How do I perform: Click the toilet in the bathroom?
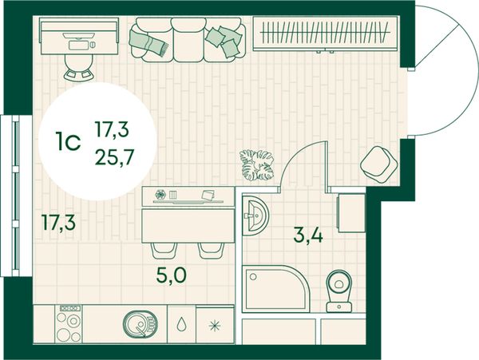(339, 291)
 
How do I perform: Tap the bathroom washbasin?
(255, 216)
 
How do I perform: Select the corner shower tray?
(275, 289)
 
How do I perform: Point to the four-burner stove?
(69, 323)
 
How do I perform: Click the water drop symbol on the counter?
(181, 325)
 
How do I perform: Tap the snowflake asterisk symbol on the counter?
(215, 326)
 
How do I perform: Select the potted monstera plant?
(257, 164)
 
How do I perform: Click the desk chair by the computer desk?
(78, 68)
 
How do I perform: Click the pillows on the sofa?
(224, 42)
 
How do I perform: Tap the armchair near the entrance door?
(378, 164)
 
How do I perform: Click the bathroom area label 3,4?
(308, 236)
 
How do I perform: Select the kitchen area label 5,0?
(171, 275)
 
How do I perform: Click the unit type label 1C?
(68, 141)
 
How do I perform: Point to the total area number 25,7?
(114, 157)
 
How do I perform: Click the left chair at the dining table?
(164, 251)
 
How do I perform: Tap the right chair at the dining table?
(211, 251)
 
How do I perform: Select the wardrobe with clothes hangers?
(326, 34)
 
